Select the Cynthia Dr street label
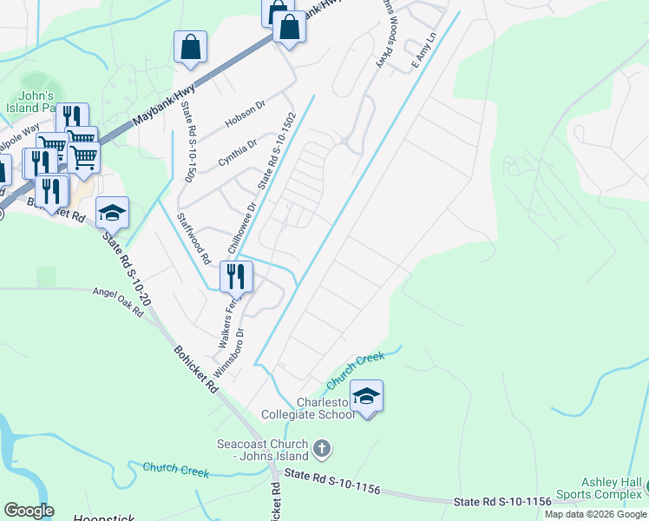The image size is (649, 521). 238,154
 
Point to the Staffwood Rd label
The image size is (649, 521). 193,238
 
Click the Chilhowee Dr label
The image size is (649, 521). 242,228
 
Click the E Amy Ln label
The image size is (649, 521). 423,51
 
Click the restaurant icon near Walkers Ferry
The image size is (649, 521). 235,276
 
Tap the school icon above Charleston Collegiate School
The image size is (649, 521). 367,396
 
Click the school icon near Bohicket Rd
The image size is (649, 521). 112,212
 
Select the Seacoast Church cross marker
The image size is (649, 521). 322,449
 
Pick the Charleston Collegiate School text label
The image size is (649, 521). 326,408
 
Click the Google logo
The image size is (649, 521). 29,511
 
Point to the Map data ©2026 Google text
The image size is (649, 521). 595,514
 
